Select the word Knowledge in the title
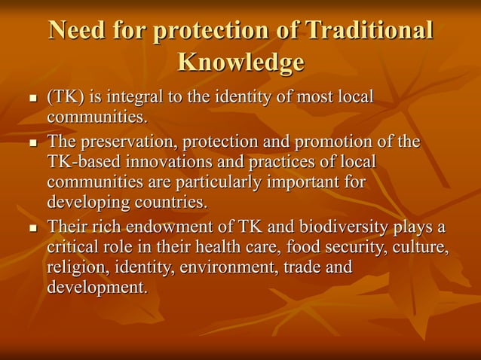tap(240, 62)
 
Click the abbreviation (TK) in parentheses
tap(65, 98)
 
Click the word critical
tap(72, 247)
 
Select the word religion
tap(73, 267)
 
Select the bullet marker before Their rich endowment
tap(32, 228)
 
